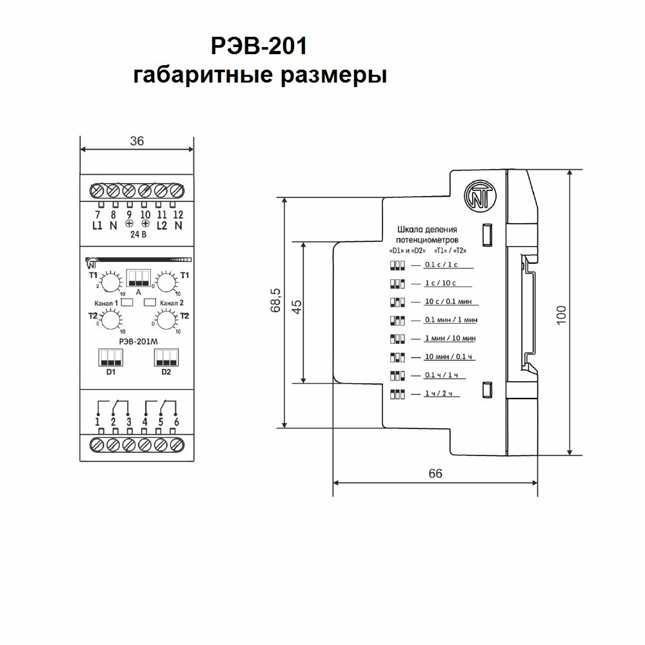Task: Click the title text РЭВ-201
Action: [260, 47]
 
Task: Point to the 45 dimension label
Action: [297, 306]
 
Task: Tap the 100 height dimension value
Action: [562, 313]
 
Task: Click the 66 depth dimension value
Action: [435, 473]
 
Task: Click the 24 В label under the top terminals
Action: [137, 234]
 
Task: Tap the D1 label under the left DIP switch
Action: [110, 372]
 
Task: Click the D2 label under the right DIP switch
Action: [166, 372]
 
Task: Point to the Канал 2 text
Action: [172, 303]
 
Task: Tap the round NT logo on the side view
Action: [480, 195]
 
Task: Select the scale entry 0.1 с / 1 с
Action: [441, 265]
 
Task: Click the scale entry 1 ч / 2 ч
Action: [437, 393]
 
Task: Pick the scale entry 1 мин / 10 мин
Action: [450, 338]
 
